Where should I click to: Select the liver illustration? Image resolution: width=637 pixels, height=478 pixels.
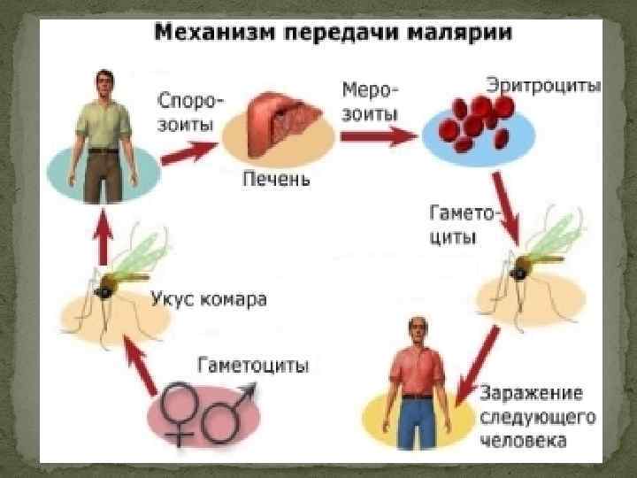click(277, 124)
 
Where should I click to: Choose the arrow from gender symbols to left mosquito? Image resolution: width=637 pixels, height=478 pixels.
click(142, 367)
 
